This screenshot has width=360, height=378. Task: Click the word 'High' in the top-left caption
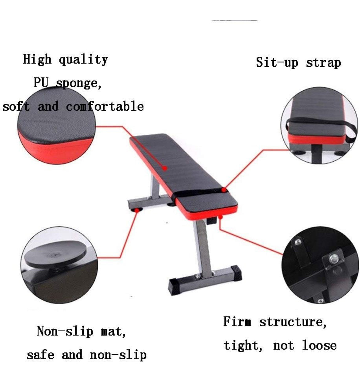point(37,59)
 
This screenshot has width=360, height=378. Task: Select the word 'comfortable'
point(105,107)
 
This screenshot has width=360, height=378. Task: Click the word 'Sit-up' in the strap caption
point(277,62)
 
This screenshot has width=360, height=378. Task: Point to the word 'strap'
point(323,62)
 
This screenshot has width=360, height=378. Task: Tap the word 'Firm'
point(237,322)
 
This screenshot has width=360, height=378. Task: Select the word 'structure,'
point(293,322)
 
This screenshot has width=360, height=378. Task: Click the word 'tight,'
point(243,345)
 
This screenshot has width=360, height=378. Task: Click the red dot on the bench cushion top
point(165,168)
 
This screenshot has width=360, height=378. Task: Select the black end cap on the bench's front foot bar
point(174,286)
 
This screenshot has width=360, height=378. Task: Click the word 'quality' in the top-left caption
point(83,59)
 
